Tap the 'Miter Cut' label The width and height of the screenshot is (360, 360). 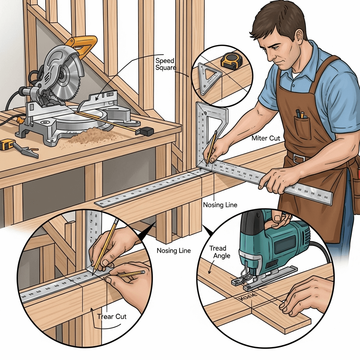tap(266, 138)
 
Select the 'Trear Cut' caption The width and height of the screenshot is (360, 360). tap(112, 316)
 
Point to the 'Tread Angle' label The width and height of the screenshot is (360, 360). tap(218, 252)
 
